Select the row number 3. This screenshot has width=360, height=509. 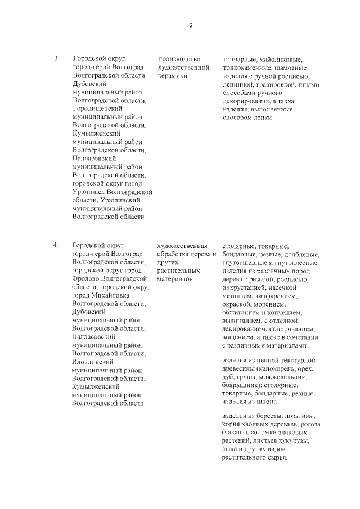(x=56, y=58)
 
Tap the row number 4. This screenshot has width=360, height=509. (x=56, y=245)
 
